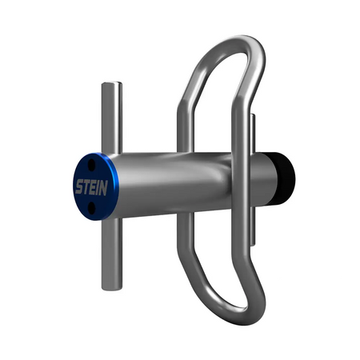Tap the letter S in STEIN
78,189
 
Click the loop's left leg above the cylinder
186,120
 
